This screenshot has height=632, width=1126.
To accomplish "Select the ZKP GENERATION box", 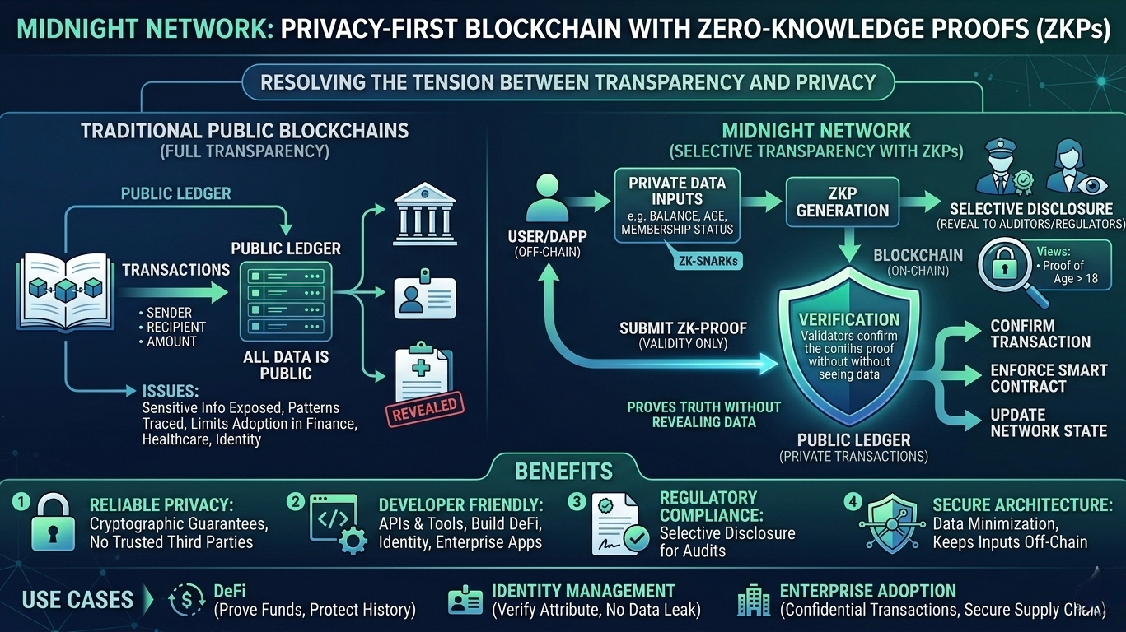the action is point(843,202).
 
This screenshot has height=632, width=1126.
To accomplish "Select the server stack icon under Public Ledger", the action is point(285,300).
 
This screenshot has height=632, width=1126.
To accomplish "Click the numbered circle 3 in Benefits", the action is point(577,500).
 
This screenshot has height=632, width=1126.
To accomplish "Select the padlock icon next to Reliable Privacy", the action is point(53,524).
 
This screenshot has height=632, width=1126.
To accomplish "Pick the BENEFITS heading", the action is point(563,472).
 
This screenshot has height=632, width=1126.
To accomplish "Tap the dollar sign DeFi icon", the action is point(186,601).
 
